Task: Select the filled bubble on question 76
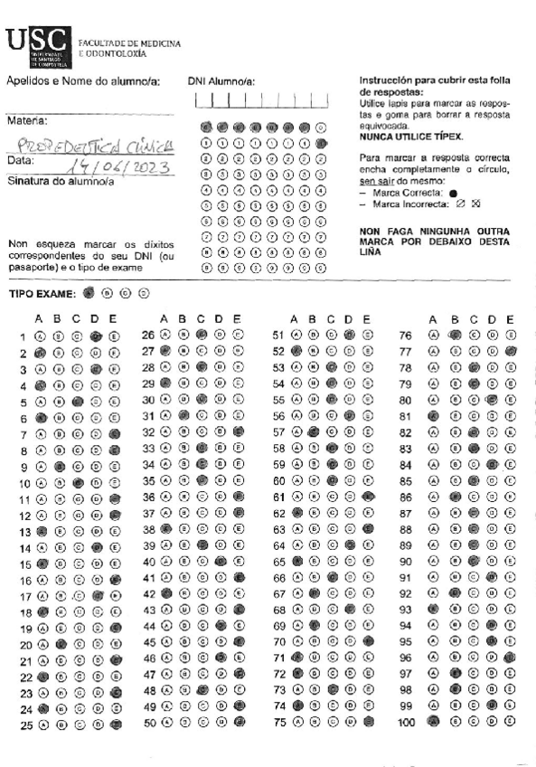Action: (x=455, y=336)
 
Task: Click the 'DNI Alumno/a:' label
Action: (x=221, y=81)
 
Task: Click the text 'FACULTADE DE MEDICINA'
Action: (x=130, y=43)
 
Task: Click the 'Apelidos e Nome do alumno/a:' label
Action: (x=82, y=81)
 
